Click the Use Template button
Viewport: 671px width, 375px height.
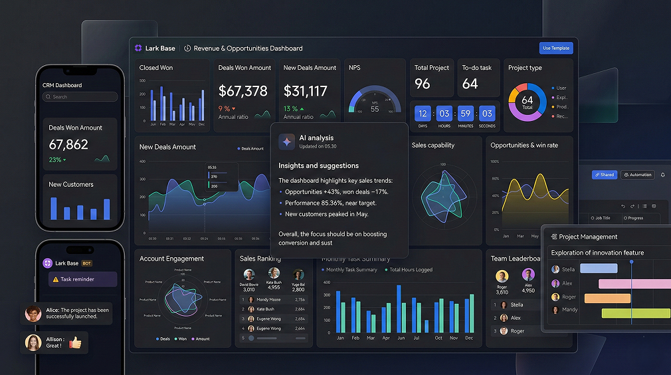click(x=556, y=48)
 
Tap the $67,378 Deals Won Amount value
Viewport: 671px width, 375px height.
click(x=242, y=91)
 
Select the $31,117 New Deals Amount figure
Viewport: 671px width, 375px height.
click(x=306, y=91)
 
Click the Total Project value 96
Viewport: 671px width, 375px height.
click(x=423, y=84)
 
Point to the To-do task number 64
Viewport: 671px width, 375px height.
click(x=470, y=84)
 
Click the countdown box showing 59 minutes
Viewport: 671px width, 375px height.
click(x=466, y=113)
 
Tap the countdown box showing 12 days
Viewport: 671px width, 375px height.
click(x=423, y=113)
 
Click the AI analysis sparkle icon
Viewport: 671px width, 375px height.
click(x=286, y=141)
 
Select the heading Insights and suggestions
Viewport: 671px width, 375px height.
click(x=318, y=166)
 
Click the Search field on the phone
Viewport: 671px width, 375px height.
click(x=80, y=97)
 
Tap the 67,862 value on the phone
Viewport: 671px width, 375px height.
click(x=68, y=144)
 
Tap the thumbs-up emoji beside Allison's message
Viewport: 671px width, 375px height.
click(x=75, y=342)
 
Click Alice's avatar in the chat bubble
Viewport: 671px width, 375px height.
click(x=33, y=313)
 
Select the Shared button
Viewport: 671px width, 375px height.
click(x=605, y=175)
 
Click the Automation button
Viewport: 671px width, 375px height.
click(x=637, y=175)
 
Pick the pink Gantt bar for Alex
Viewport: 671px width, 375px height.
click(x=634, y=283)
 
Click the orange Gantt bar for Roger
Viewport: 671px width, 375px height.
click(x=607, y=298)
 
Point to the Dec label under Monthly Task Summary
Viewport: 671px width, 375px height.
click(x=469, y=338)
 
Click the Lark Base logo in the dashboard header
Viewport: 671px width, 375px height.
click(x=138, y=48)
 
